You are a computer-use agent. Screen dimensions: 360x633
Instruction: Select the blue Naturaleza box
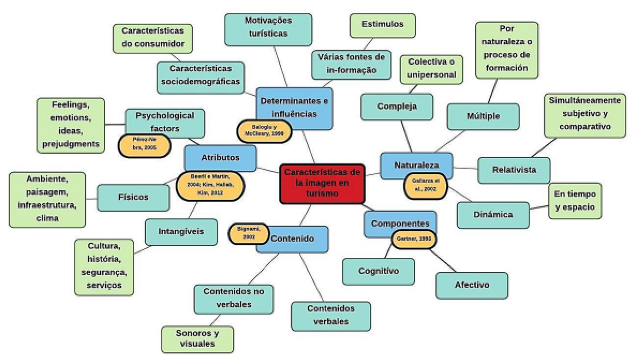416,165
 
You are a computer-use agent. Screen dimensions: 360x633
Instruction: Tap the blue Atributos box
220,157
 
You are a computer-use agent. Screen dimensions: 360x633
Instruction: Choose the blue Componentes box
400,223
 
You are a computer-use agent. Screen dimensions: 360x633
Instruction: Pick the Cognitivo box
378,271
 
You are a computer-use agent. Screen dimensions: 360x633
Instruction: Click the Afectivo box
472,285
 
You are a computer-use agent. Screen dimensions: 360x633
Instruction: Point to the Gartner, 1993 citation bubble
414,239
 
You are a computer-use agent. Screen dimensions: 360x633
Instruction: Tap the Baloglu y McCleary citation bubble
264,130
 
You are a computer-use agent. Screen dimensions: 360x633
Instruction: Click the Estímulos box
382,25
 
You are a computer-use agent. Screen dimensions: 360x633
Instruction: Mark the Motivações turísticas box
268,27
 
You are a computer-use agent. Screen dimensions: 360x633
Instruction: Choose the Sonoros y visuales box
197,339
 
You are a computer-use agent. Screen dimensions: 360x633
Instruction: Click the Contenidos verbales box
331,315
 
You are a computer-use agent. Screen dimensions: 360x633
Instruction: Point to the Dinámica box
493,215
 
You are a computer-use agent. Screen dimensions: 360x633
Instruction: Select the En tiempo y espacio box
575,201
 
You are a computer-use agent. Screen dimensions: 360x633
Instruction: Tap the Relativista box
514,170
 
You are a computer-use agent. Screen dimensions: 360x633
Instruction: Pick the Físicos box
133,197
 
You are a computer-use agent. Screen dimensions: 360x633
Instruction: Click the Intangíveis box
181,231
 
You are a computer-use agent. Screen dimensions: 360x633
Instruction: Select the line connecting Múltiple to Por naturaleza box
493,91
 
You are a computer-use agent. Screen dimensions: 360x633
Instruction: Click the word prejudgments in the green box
71,144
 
